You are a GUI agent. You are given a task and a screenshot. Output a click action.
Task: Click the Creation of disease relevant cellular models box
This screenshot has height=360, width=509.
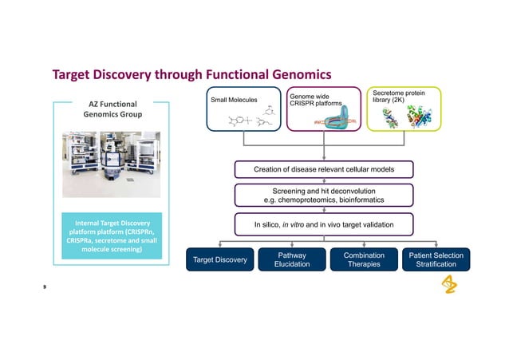pos(323,169)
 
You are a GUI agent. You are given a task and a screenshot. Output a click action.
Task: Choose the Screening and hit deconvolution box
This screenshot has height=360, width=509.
pos(323,194)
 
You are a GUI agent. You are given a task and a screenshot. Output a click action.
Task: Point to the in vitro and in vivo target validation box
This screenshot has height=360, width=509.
pos(323,225)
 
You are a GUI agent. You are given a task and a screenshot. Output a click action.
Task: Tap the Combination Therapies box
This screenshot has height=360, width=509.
pos(364,259)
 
